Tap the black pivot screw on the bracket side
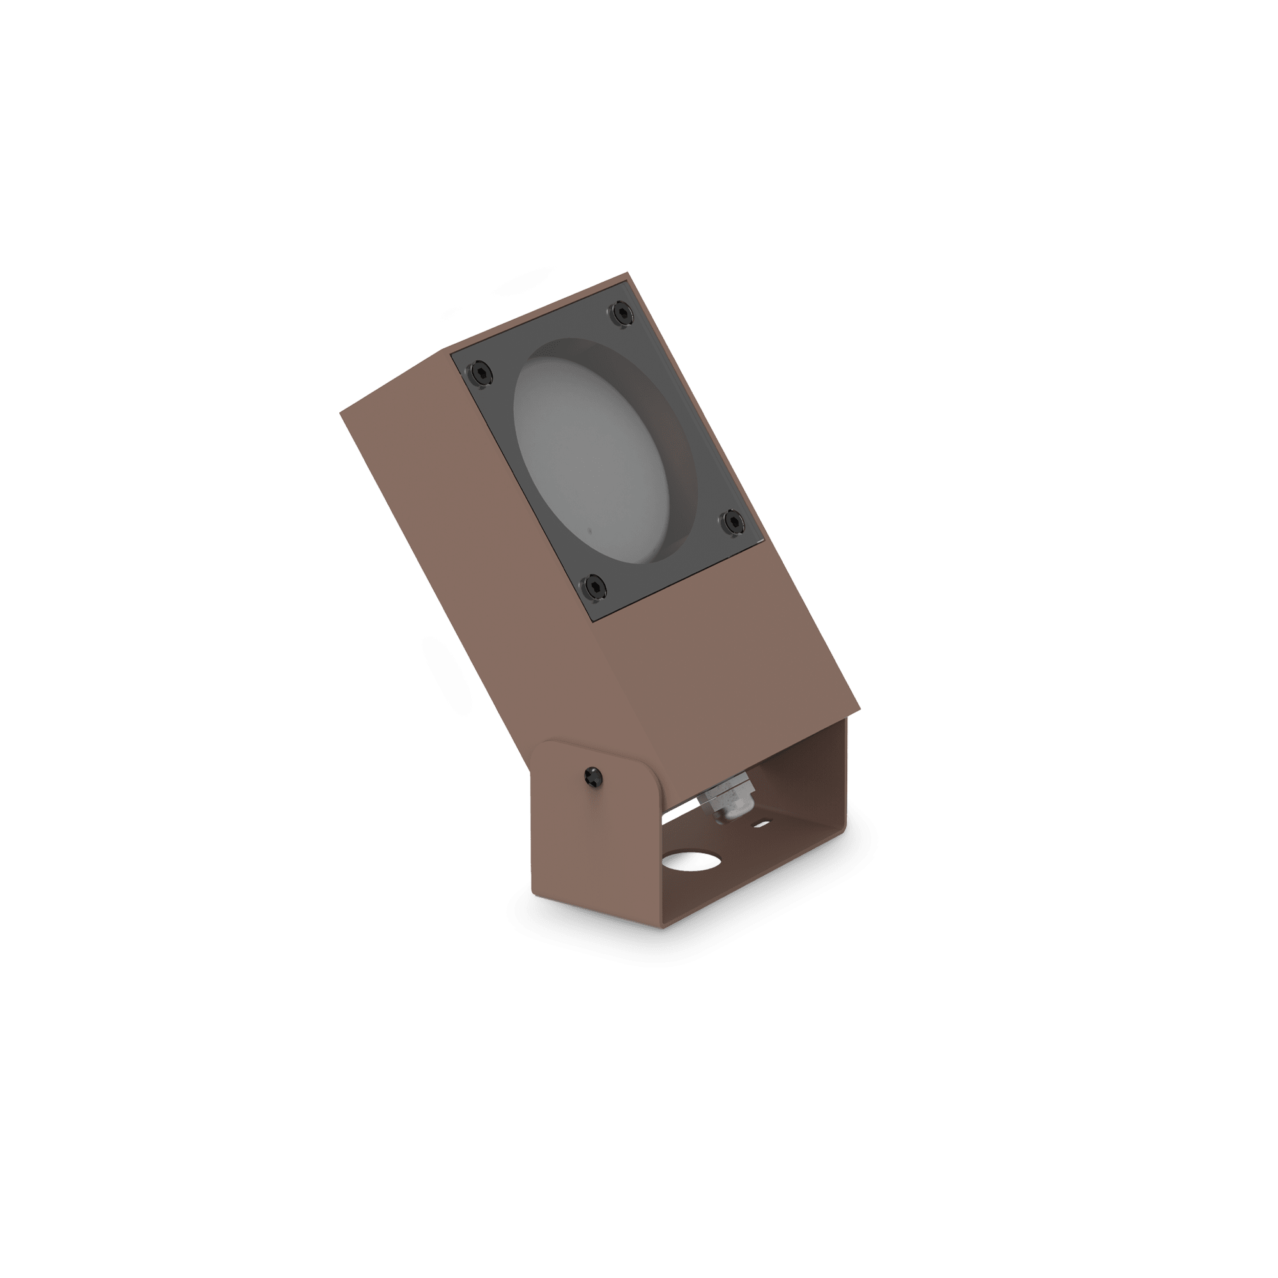(594, 776)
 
